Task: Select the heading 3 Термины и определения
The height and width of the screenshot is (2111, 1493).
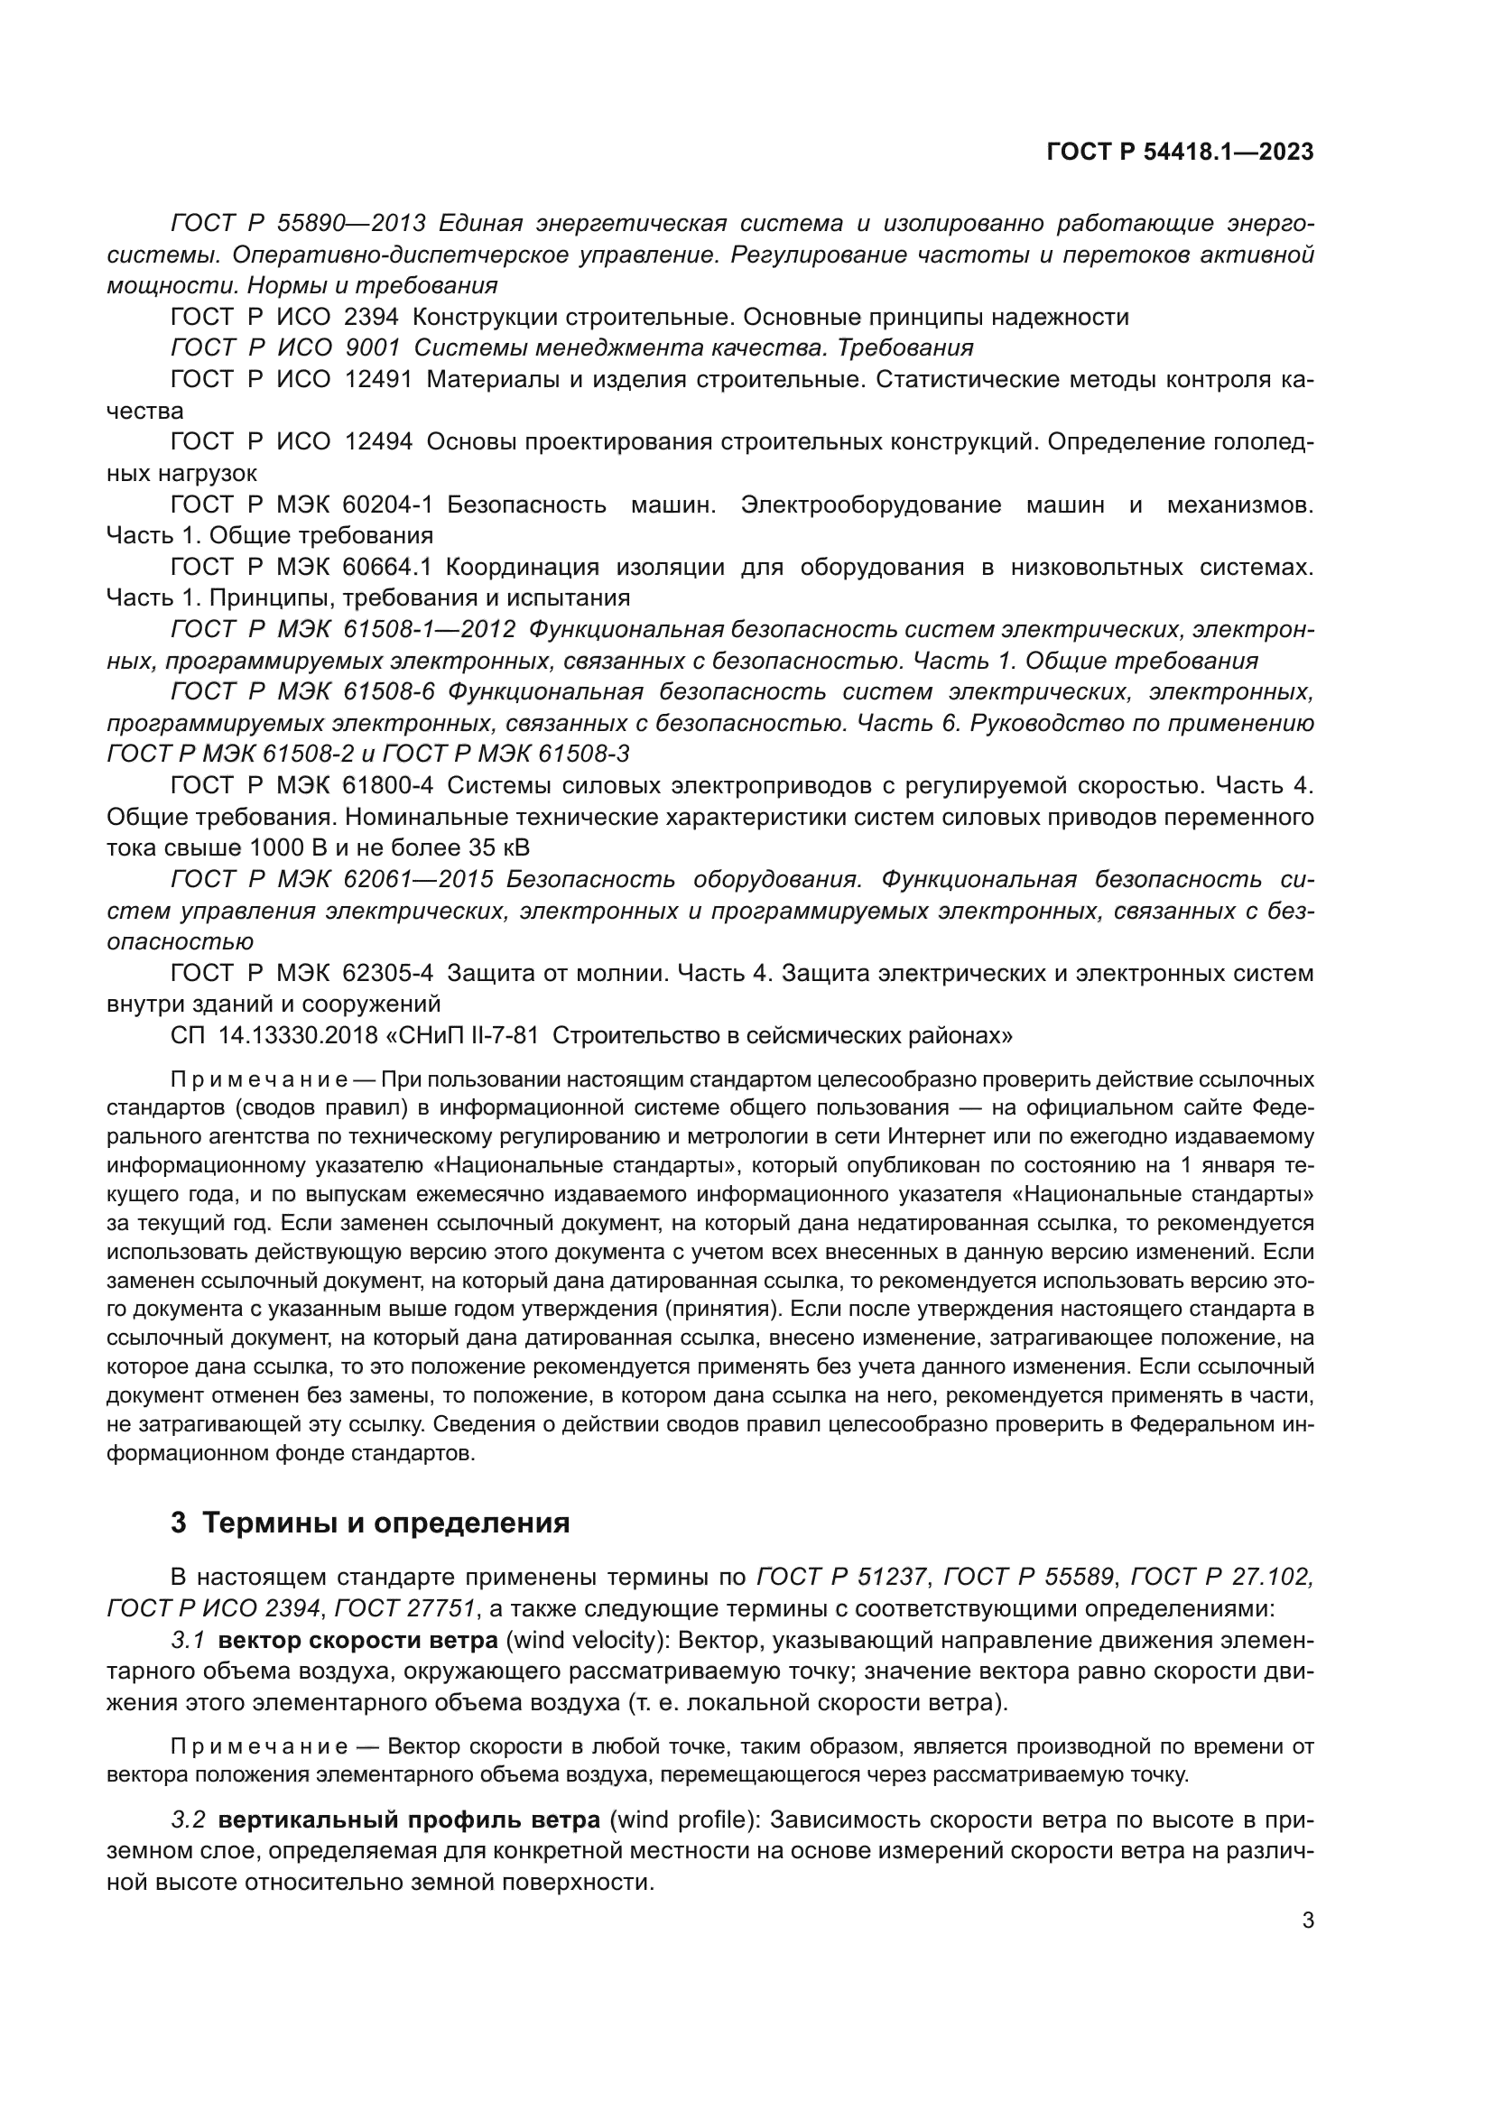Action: tap(369, 1523)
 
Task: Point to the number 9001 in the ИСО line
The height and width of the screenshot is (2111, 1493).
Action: tap(371, 348)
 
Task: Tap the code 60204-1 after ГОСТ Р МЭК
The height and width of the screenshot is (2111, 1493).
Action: tap(387, 505)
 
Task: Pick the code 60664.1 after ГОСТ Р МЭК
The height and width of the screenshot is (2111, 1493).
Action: tap(387, 568)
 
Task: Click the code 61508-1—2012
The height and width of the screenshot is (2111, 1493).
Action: tap(430, 630)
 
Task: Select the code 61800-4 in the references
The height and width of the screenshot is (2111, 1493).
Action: tap(387, 786)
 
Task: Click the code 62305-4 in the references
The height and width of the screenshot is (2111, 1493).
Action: tap(387, 973)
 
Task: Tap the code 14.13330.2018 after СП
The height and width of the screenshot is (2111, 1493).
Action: tap(298, 1035)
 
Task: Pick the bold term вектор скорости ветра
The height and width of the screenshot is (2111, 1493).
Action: tap(358, 1640)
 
